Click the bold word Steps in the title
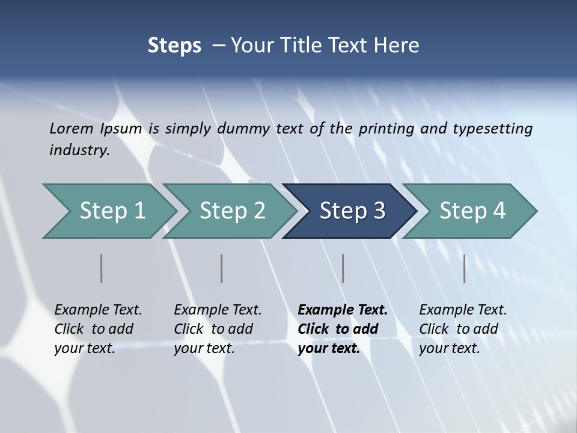(x=174, y=46)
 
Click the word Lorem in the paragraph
(x=72, y=128)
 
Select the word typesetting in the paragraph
(x=492, y=129)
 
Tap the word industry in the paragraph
(x=79, y=150)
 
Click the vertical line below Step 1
(x=102, y=268)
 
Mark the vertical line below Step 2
(x=222, y=268)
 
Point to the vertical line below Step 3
(x=343, y=268)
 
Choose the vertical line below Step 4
(x=465, y=268)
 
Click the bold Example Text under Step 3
(x=343, y=310)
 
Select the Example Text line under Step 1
(x=98, y=310)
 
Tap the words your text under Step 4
(x=449, y=348)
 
